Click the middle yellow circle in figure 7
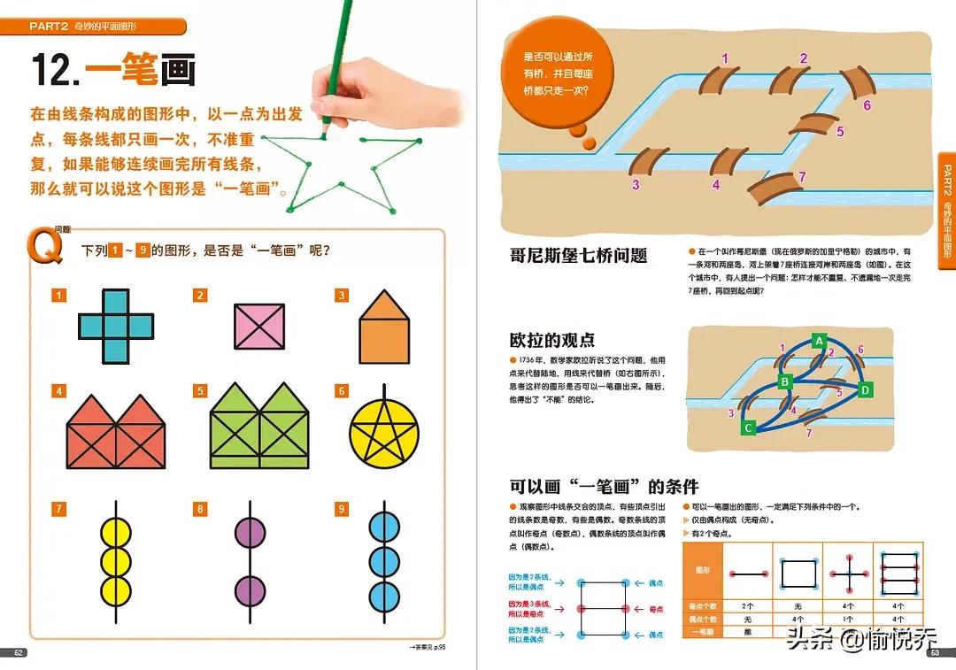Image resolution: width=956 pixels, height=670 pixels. point(116,559)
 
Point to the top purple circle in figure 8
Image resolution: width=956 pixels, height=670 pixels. point(250,535)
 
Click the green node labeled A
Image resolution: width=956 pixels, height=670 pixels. point(820,341)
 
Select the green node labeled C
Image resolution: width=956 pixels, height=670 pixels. point(748,428)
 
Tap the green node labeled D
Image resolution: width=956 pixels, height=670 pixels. point(866,389)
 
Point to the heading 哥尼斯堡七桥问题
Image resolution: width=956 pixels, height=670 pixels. point(578,256)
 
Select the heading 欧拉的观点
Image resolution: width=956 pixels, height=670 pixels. point(551,340)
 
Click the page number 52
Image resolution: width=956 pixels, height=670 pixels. point(19,653)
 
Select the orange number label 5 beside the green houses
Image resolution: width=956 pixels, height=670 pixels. point(201,391)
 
